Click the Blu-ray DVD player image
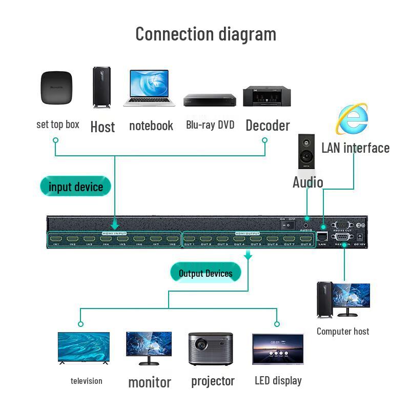(x=210, y=99)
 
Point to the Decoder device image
(x=267, y=96)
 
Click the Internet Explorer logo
(x=352, y=119)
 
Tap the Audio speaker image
(x=306, y=152)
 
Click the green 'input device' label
(x=75, y=187)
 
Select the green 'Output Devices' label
(x=206, y=273)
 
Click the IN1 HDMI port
(x=56, y=239)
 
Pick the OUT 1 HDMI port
(x=190, y=239)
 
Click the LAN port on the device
(x=322, y=236)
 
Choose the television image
(x=84, y=348)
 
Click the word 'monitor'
(x=149, y=382)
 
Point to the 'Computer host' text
(x=342, y=331)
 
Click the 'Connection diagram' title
(x=206, y=34)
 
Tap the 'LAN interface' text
(x=355, y=148)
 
